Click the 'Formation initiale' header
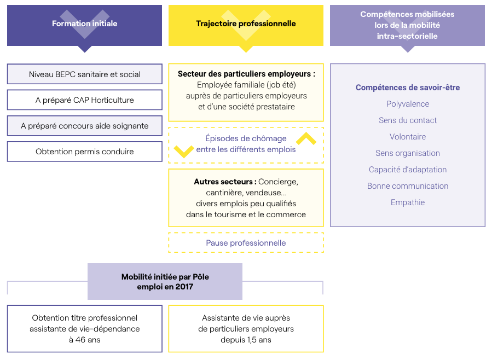(x=84, y=24)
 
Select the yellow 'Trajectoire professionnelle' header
(x=246, y=24)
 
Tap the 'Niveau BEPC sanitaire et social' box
(x=84, y=74)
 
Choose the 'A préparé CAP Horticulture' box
(x=84, y=100)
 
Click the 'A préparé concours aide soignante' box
(x=84, y=126)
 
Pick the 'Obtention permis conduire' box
(x=84, y=152)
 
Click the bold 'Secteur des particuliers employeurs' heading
(x=246, y=73)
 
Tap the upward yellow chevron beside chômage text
(x=306, y=138)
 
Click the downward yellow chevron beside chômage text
(x=183, y=151)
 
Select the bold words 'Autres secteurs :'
(x=225, y=182)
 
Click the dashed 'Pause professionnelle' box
(x=246, y=243)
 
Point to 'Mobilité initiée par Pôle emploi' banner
(x=165, y=282)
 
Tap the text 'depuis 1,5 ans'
(x=246, y=340)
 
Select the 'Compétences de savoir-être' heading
(x=408, y=88)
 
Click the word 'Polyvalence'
(x=408, y=104)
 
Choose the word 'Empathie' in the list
(x=408, y=202)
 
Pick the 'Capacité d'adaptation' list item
(x=408, y=170)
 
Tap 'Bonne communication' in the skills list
(x=408, y=186)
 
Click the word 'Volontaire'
(x=408, y=137)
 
